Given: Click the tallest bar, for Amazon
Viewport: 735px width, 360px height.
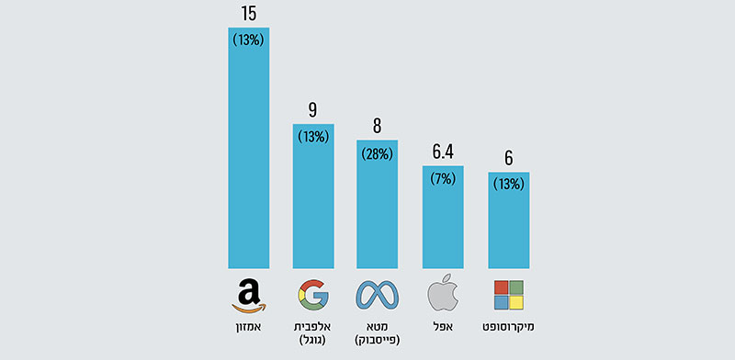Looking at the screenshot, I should pos(248,156).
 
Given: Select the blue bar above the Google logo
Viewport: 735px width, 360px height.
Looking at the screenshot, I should pos(313,202).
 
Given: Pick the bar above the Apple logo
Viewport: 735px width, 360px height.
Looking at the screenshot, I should pos(443,220).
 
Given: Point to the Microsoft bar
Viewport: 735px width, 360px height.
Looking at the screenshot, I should pos(508,225).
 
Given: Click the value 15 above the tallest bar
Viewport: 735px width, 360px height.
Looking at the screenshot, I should pos(248,14).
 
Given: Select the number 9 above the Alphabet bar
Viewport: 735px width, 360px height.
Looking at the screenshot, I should pos(313,111).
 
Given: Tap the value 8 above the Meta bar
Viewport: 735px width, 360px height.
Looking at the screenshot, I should pos(378,127).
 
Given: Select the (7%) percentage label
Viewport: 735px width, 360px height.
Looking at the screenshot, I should pos(443,178).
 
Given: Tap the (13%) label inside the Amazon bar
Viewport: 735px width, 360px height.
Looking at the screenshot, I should pos(248,39).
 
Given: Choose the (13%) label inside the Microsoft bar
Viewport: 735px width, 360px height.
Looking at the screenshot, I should pos(508,185).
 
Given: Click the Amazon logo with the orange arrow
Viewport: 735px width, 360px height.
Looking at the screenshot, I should pos(248,296).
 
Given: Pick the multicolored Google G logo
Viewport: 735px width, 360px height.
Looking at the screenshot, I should pos(313,295).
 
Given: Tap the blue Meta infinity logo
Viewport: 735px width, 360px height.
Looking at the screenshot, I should pos(378,295).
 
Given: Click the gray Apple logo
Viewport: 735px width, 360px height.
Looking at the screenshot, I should pos(442,294).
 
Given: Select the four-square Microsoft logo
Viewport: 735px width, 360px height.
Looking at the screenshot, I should pos(508,295).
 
